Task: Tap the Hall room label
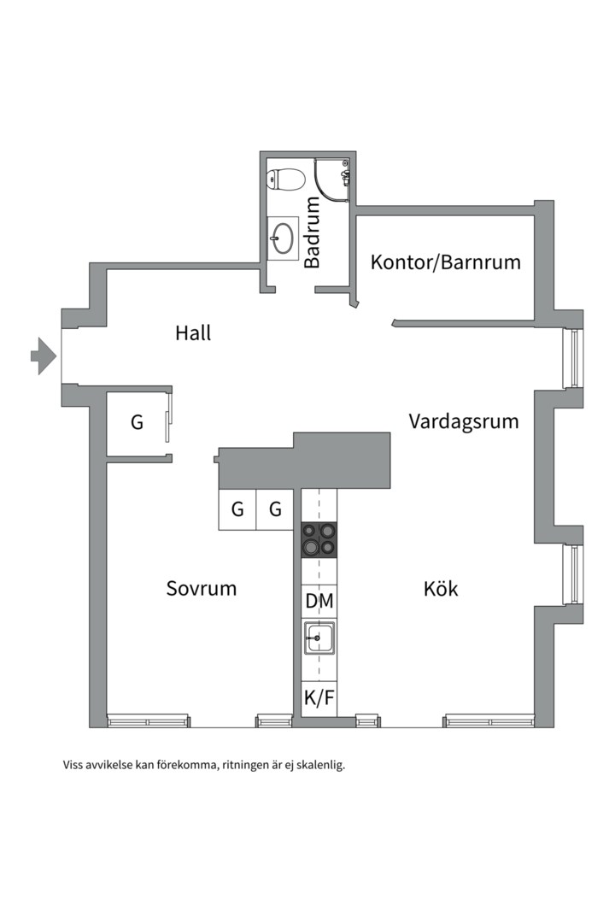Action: click(193, 332)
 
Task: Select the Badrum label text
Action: click(313, 232)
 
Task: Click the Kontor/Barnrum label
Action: click(445, 262)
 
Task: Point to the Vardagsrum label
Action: click(463, 421)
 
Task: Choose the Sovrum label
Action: click(201, 589)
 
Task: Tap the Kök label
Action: click(441, 589)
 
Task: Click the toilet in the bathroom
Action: click(286, 179)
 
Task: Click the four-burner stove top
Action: click(319, 540)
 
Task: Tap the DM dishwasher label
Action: click(319, 602)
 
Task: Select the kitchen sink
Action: click(319, 638)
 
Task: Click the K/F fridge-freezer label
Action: click(319, 699)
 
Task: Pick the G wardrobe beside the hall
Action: click(137, 422)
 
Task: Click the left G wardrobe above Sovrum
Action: click(237, 510)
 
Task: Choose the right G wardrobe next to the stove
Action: click(275, 510)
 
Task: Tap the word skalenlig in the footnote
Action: click(318, 766)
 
